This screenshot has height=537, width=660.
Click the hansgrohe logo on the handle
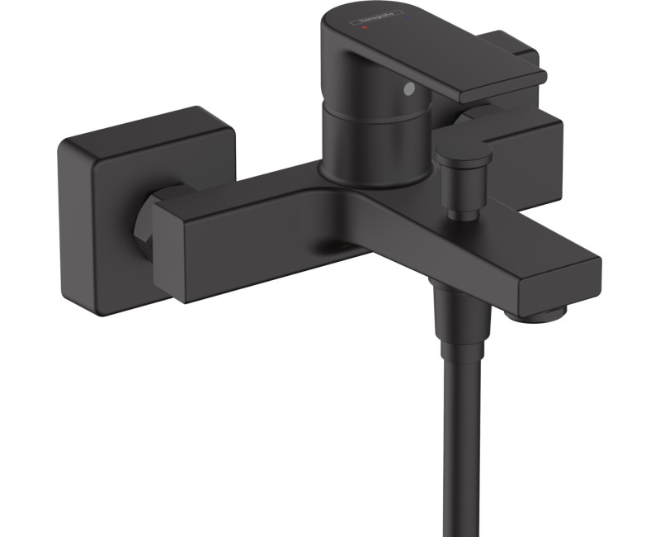[377, 19]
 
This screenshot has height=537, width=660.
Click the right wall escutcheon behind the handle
[528, 140]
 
